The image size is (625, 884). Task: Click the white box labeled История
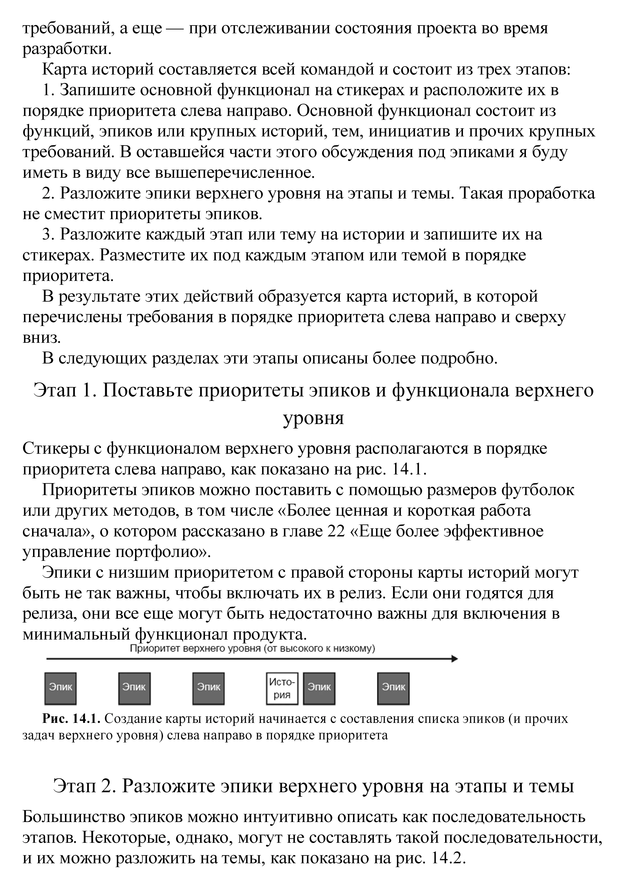tap(282, 688)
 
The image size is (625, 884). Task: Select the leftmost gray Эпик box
tap(61, 688)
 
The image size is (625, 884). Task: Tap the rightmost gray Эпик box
tap(393, 688)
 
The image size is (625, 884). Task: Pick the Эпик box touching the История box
tap(319, 688)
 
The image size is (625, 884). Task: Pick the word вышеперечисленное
tap(235, 173)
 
